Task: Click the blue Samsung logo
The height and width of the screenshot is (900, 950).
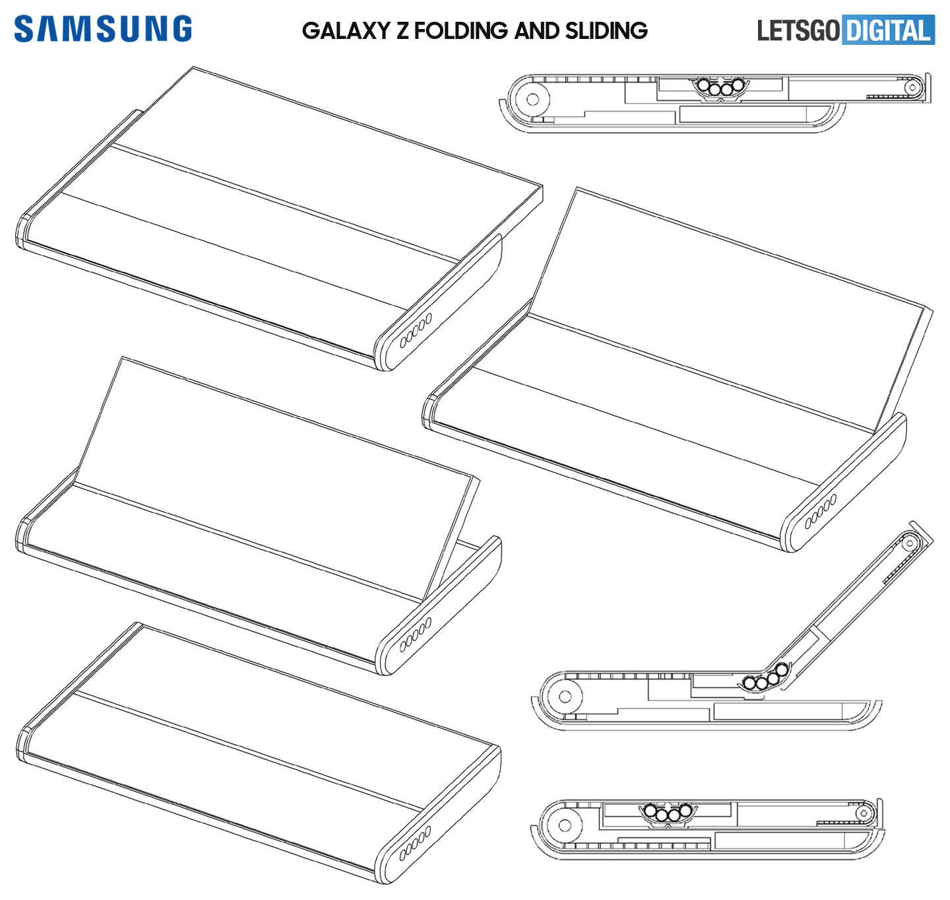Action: [102, 28]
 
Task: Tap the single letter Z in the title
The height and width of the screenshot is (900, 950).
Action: [402, 30]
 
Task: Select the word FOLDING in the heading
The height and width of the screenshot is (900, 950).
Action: [460, 30]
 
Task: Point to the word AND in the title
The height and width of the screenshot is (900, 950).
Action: [536, 30]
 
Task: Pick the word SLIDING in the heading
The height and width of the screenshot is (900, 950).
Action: [606, 30]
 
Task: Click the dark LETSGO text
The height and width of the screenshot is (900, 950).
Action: [798, 30]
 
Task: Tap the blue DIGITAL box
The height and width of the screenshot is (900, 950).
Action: [888, 30]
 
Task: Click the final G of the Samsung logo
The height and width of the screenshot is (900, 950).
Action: [181, 28]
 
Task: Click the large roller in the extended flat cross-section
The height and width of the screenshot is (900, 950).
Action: [532, 99]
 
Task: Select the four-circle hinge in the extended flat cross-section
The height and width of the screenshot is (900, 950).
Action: [720, 87]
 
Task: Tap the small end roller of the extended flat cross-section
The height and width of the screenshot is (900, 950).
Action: [912, 88]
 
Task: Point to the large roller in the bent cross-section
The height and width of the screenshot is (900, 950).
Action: [565, 697]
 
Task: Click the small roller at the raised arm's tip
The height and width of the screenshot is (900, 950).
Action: [910, 543]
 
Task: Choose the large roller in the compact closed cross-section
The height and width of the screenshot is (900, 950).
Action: [565, 825]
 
